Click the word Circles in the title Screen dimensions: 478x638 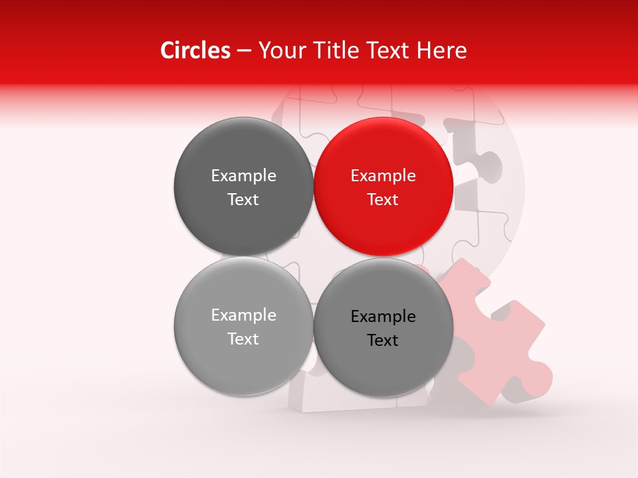pyautogui.click(x=195, y=50)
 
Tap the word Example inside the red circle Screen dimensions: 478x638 pyautogui.click(x=383, y=176)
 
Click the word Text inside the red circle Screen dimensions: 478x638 pyautogui.click(x=383, y=200)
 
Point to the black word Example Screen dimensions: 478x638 pyautogui.click(x=383, y=316)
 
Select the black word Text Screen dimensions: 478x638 pyautogui.click(x=383, y=341)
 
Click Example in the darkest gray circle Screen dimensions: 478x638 pyautogui.click(x=243, y=176)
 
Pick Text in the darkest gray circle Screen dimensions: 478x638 pyautogui.click(x=243, y=200)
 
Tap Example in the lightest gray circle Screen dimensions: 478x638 pyautogui.click(x=243, y=315)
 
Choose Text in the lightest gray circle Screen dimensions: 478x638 pyautogui.click(x=243, y=339)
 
